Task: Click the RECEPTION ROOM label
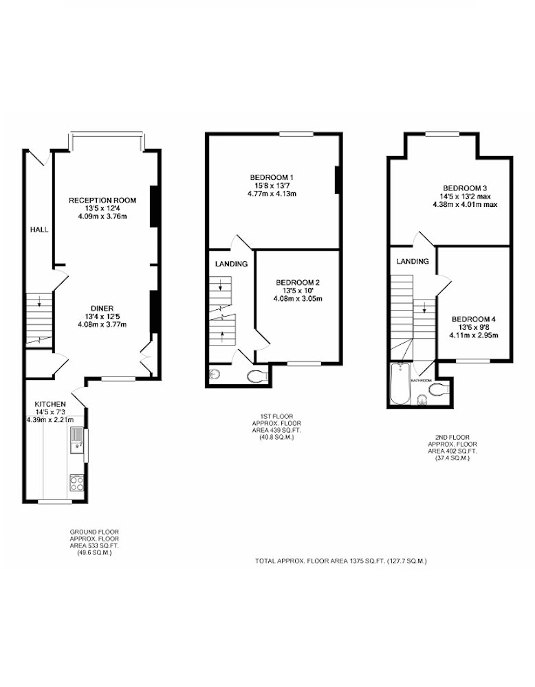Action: [x=102, y=200]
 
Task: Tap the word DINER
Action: [x=102, y=308]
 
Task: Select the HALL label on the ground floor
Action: [x=39, y=229]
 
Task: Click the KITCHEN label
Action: [x=50, y=404]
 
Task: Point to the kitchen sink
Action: [x=77, y=439]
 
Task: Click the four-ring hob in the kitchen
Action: [x=77, y=483]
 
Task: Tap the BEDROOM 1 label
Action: [x=272, y=177]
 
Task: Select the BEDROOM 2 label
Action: [x=298, y=282]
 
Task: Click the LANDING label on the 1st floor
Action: [x=231, y=264]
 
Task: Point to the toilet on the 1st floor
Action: [x=259, y=376]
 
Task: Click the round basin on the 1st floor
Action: [x=214, y=374]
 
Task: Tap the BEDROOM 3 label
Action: [x=465, y=188]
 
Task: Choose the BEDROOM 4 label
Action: [x=474, y=319]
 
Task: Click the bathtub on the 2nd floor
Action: [x=400, y=383]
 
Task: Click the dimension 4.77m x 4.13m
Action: [x=272, y=193]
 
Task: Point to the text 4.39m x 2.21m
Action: [x=50, y=420]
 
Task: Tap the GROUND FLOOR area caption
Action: [x=94, y=543]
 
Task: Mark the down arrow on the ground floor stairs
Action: [x=39, y=301]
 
